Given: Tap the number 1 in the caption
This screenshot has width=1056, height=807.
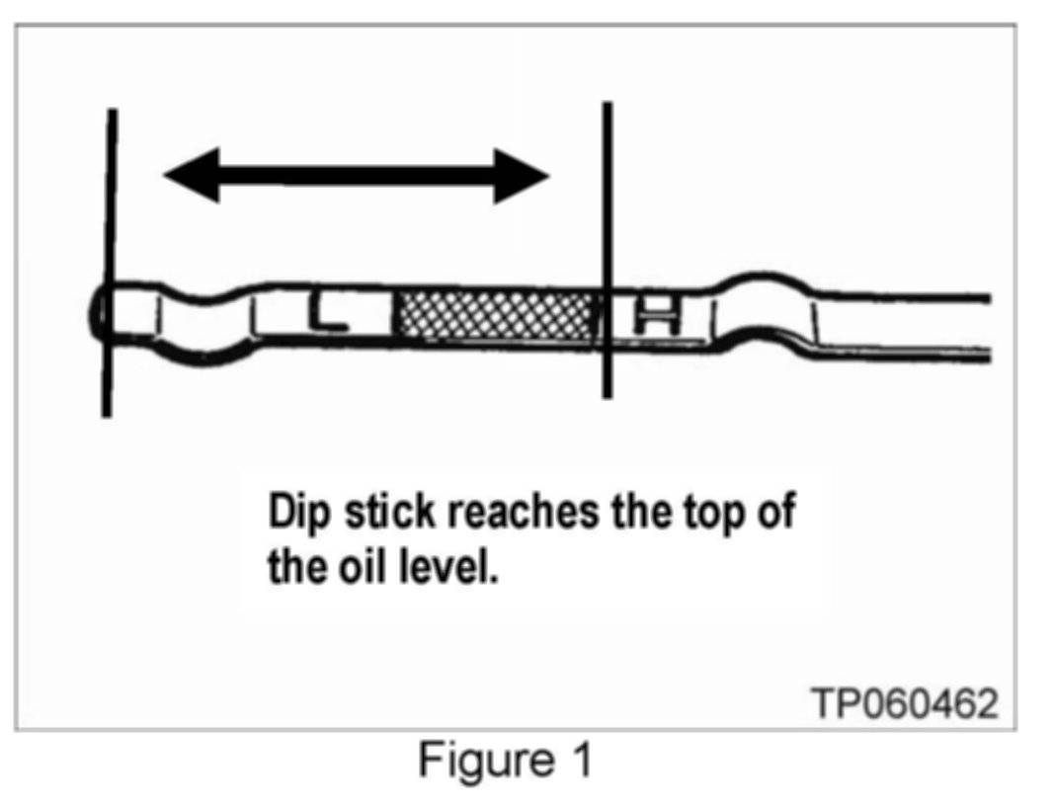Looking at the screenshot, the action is [x=581, y=762].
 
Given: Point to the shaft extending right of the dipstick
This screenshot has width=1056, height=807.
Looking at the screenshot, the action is [x=909, y=323].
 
